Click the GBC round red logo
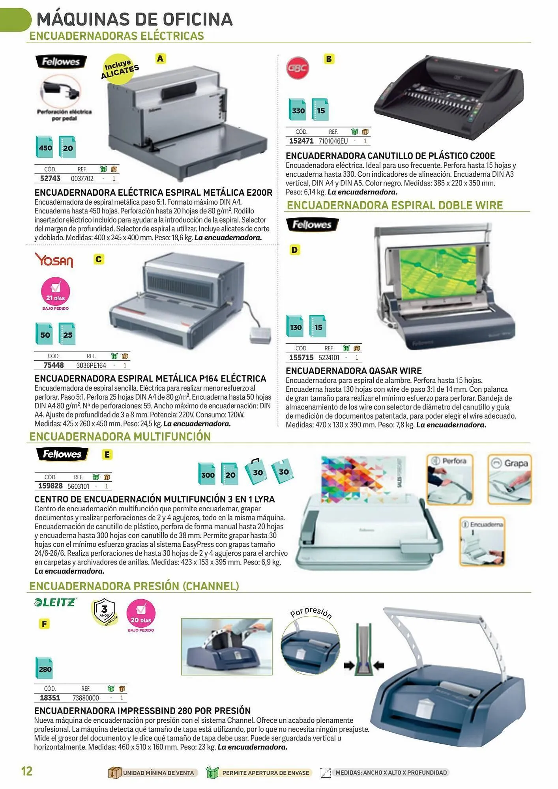(x=298, y=68)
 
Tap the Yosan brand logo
(x=54, y=260)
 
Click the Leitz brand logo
(x=55, y=602)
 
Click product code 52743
(x=50, y=178)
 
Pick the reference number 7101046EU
(x=333, y=141)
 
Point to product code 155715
(x=301, y=357)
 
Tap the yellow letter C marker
(x=99, y=259)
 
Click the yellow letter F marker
(x=44, y=624)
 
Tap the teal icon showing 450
(x=45, y=147)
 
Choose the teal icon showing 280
(x=44, y=668)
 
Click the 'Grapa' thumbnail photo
(x=509, y=479)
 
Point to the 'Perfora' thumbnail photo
(x=449, y=479)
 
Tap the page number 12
(x=27, y=771)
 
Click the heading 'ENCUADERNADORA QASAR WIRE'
(x=354, y=371)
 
